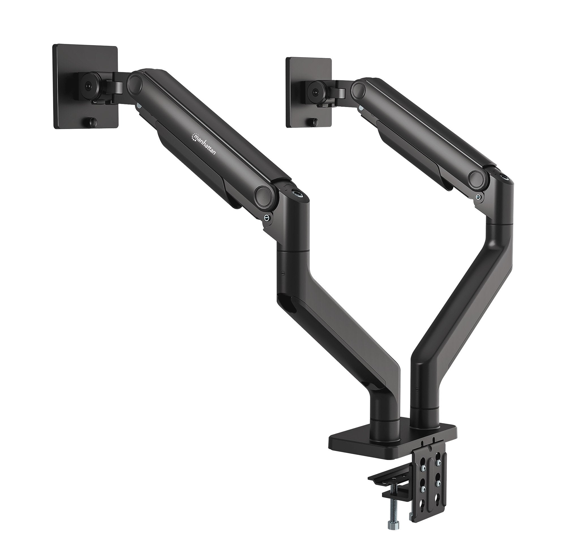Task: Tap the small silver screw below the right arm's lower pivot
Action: pos(478,197)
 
